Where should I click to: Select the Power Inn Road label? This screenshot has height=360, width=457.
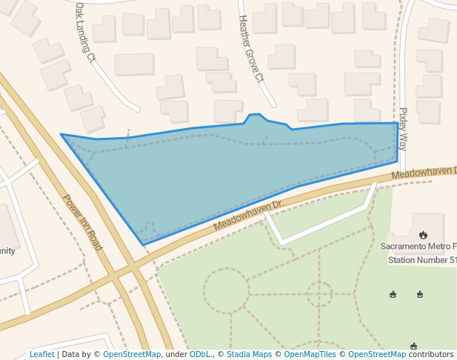coord(82,222)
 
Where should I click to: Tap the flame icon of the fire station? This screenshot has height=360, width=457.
coord(423,235)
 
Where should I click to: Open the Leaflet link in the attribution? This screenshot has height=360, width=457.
coord(41,355)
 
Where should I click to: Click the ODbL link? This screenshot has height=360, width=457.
coord(200,355)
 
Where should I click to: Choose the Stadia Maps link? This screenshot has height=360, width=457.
coord(249,355)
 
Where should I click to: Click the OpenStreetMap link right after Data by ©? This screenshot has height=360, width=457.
coord(132,355)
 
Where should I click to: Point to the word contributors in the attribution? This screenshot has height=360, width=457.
coord(431,355)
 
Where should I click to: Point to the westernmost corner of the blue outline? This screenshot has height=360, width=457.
coord(61,135)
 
